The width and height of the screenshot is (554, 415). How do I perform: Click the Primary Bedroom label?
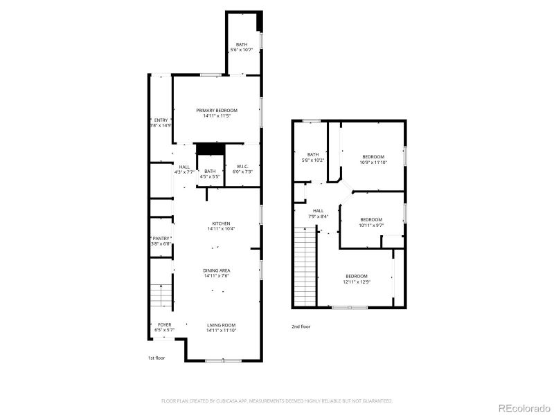tap(217, 111)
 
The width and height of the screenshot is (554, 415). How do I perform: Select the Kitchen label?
tap(221, 223)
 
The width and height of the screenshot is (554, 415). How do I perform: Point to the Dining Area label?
tap(217, 270)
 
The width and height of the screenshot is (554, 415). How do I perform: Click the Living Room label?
tap(221, 325)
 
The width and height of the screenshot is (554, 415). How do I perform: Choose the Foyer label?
tap(164, 324)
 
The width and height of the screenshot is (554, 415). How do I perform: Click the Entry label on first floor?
tap(161, 120)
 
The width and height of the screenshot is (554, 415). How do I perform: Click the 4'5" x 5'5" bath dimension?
tap(210, 177)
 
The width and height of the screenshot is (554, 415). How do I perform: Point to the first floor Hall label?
tap(184, 167)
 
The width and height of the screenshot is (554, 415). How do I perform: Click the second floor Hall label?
tap(318, 211)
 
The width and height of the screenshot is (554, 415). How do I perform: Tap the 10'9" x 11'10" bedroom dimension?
tap(372, 163)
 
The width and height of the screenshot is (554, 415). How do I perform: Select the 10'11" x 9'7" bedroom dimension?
tap(371, 225)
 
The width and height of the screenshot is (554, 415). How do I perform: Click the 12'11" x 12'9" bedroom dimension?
tap(357, 282)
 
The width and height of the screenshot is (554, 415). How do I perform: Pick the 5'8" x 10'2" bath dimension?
tap(313, 160)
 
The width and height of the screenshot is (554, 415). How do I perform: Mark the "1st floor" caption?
tap(157, 358)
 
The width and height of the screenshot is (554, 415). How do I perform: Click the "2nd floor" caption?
tap(301, 326)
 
